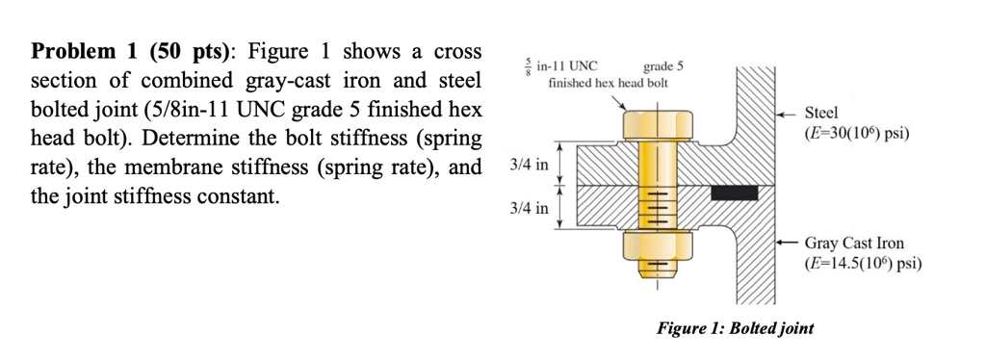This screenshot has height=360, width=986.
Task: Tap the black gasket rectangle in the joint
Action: [730, 193]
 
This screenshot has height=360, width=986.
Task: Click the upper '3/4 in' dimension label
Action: [530, 166]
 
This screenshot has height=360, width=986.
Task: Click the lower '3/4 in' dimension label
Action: [530, 207]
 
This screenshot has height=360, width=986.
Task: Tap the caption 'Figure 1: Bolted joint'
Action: [735, 328]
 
